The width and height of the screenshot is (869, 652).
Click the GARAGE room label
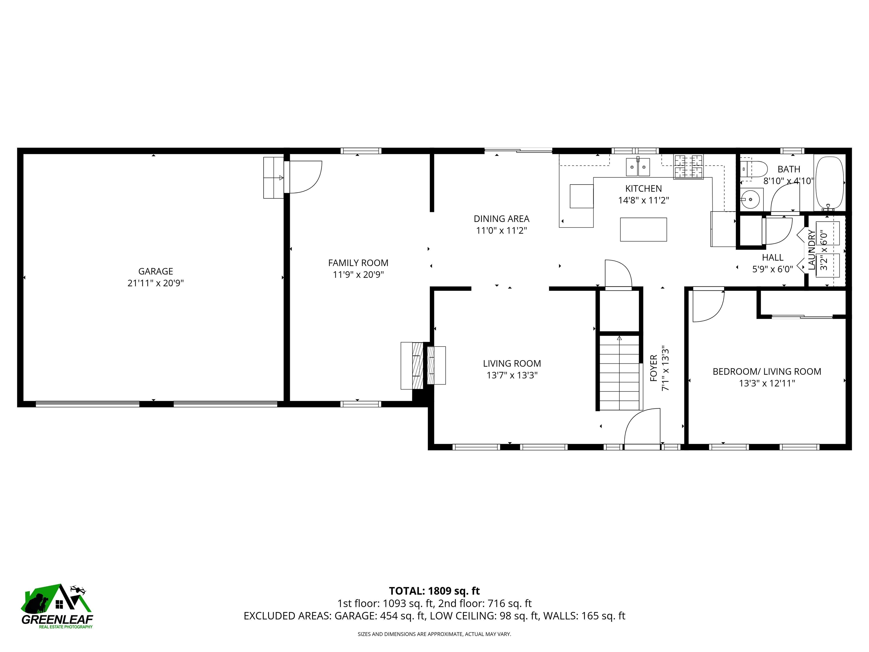tap(156, 271)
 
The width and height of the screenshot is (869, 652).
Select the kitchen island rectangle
tap(643, 230)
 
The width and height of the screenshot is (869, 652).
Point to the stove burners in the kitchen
tap(688, 167)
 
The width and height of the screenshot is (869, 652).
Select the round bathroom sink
tap(751, 199)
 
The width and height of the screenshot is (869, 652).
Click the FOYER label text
tap(654, 368)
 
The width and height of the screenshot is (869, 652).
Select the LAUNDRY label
tap(811, 250)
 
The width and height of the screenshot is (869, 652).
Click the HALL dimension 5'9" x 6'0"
tap(772, 269)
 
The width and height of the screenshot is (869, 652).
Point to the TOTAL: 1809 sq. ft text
tap(434, 591)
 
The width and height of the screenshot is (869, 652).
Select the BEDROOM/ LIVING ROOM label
tap(767, 371)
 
